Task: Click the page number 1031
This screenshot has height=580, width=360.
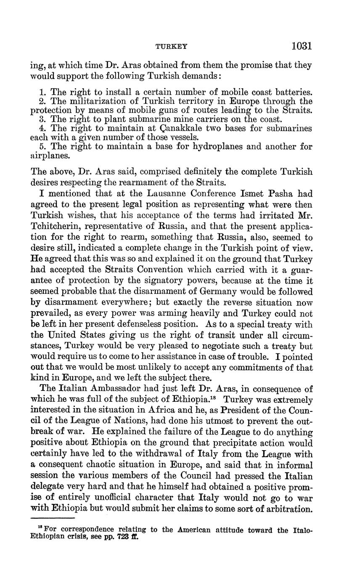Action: (301, 45)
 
